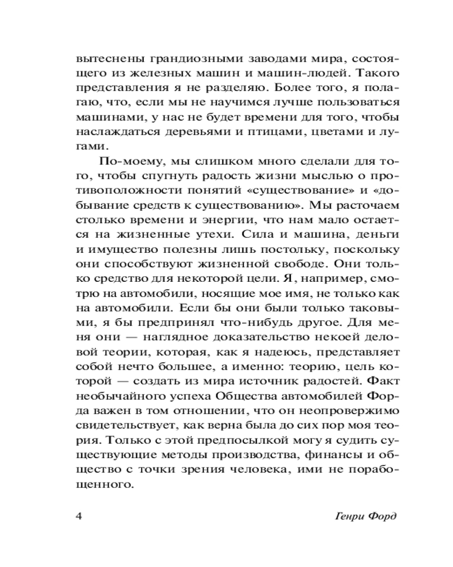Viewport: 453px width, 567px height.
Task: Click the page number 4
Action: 79,517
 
